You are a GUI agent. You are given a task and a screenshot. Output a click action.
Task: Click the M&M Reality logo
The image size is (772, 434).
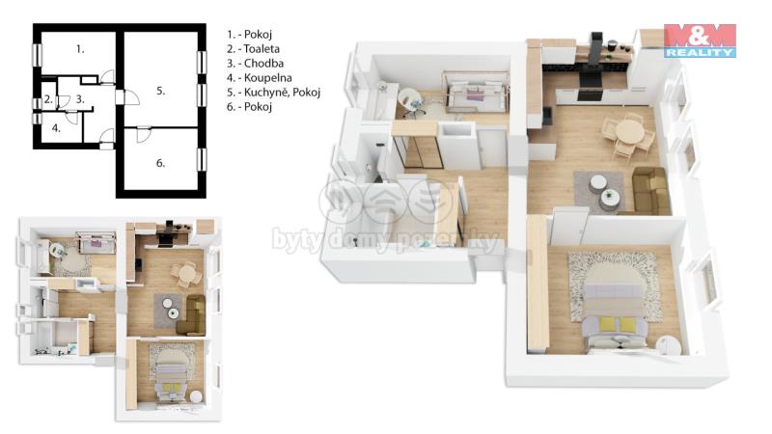(700, 41)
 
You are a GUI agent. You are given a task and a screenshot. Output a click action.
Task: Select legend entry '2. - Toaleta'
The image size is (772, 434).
(253, 49)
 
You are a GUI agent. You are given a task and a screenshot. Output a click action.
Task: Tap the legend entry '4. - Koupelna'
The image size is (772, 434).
(259, 77)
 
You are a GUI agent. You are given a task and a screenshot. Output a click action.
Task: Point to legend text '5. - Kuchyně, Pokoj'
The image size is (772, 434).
(273, 92)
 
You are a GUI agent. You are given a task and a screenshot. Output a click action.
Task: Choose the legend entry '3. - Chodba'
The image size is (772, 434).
(255, 63)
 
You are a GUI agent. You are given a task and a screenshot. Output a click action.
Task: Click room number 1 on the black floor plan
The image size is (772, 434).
(80, 49)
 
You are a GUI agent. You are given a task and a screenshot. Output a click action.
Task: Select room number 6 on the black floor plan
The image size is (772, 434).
(160, 163)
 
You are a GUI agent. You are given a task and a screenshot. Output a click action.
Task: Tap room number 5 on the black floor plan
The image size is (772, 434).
(160, 91)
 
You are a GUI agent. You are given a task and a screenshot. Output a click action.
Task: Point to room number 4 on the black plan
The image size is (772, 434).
(56, 128)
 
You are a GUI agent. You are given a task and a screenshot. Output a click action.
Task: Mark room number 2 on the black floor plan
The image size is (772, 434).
(48, 99)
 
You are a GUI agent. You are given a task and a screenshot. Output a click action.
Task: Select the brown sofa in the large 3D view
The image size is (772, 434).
(648, 190)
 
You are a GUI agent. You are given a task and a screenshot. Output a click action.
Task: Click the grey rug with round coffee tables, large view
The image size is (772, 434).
(599, 192)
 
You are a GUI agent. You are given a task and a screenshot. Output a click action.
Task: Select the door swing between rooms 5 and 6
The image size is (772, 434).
(143, 134)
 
